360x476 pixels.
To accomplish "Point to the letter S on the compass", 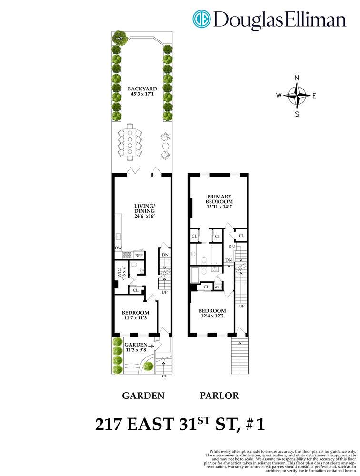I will pos(297,114).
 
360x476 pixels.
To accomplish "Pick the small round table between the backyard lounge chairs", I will pos(166,145).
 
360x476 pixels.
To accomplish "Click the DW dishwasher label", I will pos(118,248).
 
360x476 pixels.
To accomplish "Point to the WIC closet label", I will pos(120,275).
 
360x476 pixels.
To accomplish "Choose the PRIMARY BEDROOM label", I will pos(219,199).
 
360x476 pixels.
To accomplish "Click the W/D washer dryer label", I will pos(218,287).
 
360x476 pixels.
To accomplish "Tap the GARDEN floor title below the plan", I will pos(143,395).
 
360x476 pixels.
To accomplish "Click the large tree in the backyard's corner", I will pos(118,37).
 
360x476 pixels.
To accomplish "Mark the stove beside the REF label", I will pos(127,255).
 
